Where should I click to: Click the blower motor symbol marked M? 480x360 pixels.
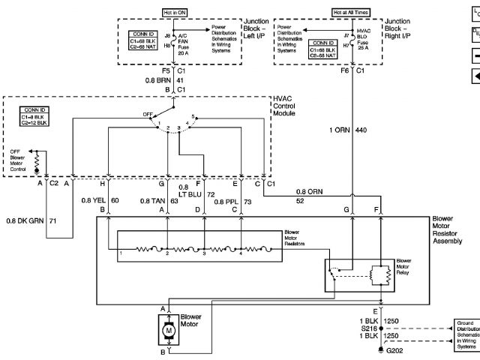(169, 330)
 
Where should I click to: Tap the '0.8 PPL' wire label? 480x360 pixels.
(226, 200)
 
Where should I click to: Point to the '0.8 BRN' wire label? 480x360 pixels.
(158, 79)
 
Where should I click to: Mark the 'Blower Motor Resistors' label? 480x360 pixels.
(297, 238)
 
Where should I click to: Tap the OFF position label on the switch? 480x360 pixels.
(148, 115)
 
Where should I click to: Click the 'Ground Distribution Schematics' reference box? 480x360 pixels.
(466, 334)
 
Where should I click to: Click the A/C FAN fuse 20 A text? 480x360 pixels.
(182, 44)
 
